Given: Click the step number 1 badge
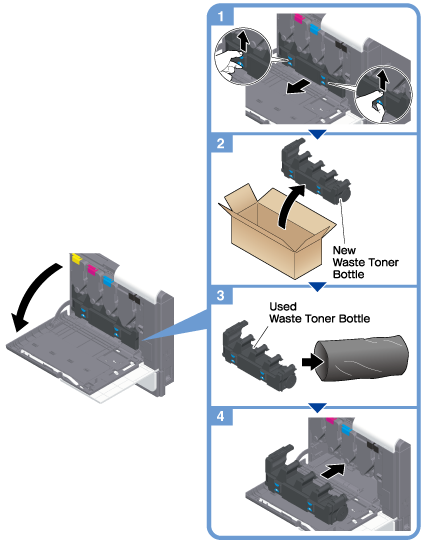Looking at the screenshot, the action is click(221, 16).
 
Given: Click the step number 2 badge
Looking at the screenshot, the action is click(221, 143).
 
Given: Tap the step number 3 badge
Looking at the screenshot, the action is click(221, 296).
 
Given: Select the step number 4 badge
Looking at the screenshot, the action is click(221, 416).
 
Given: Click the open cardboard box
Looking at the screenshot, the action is click(275, 233).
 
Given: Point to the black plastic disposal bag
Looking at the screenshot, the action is click(361, 358).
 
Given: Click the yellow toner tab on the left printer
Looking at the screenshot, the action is click(76, 258).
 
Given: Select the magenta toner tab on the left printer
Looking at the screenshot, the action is click(92, 270).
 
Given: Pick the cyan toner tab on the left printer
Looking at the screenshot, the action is click(109, 281).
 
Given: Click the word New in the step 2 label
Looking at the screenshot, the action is click(344, 250).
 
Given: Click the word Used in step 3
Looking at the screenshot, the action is click(283, 307).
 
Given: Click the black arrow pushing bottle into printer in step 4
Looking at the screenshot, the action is click(332, 471).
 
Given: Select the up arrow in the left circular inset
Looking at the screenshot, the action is click(244, 42).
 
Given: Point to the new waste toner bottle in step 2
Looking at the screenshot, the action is click(315, 172).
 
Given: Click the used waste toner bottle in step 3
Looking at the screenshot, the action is click(258, 359).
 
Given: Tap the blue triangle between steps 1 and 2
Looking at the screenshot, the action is click(317, 134).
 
